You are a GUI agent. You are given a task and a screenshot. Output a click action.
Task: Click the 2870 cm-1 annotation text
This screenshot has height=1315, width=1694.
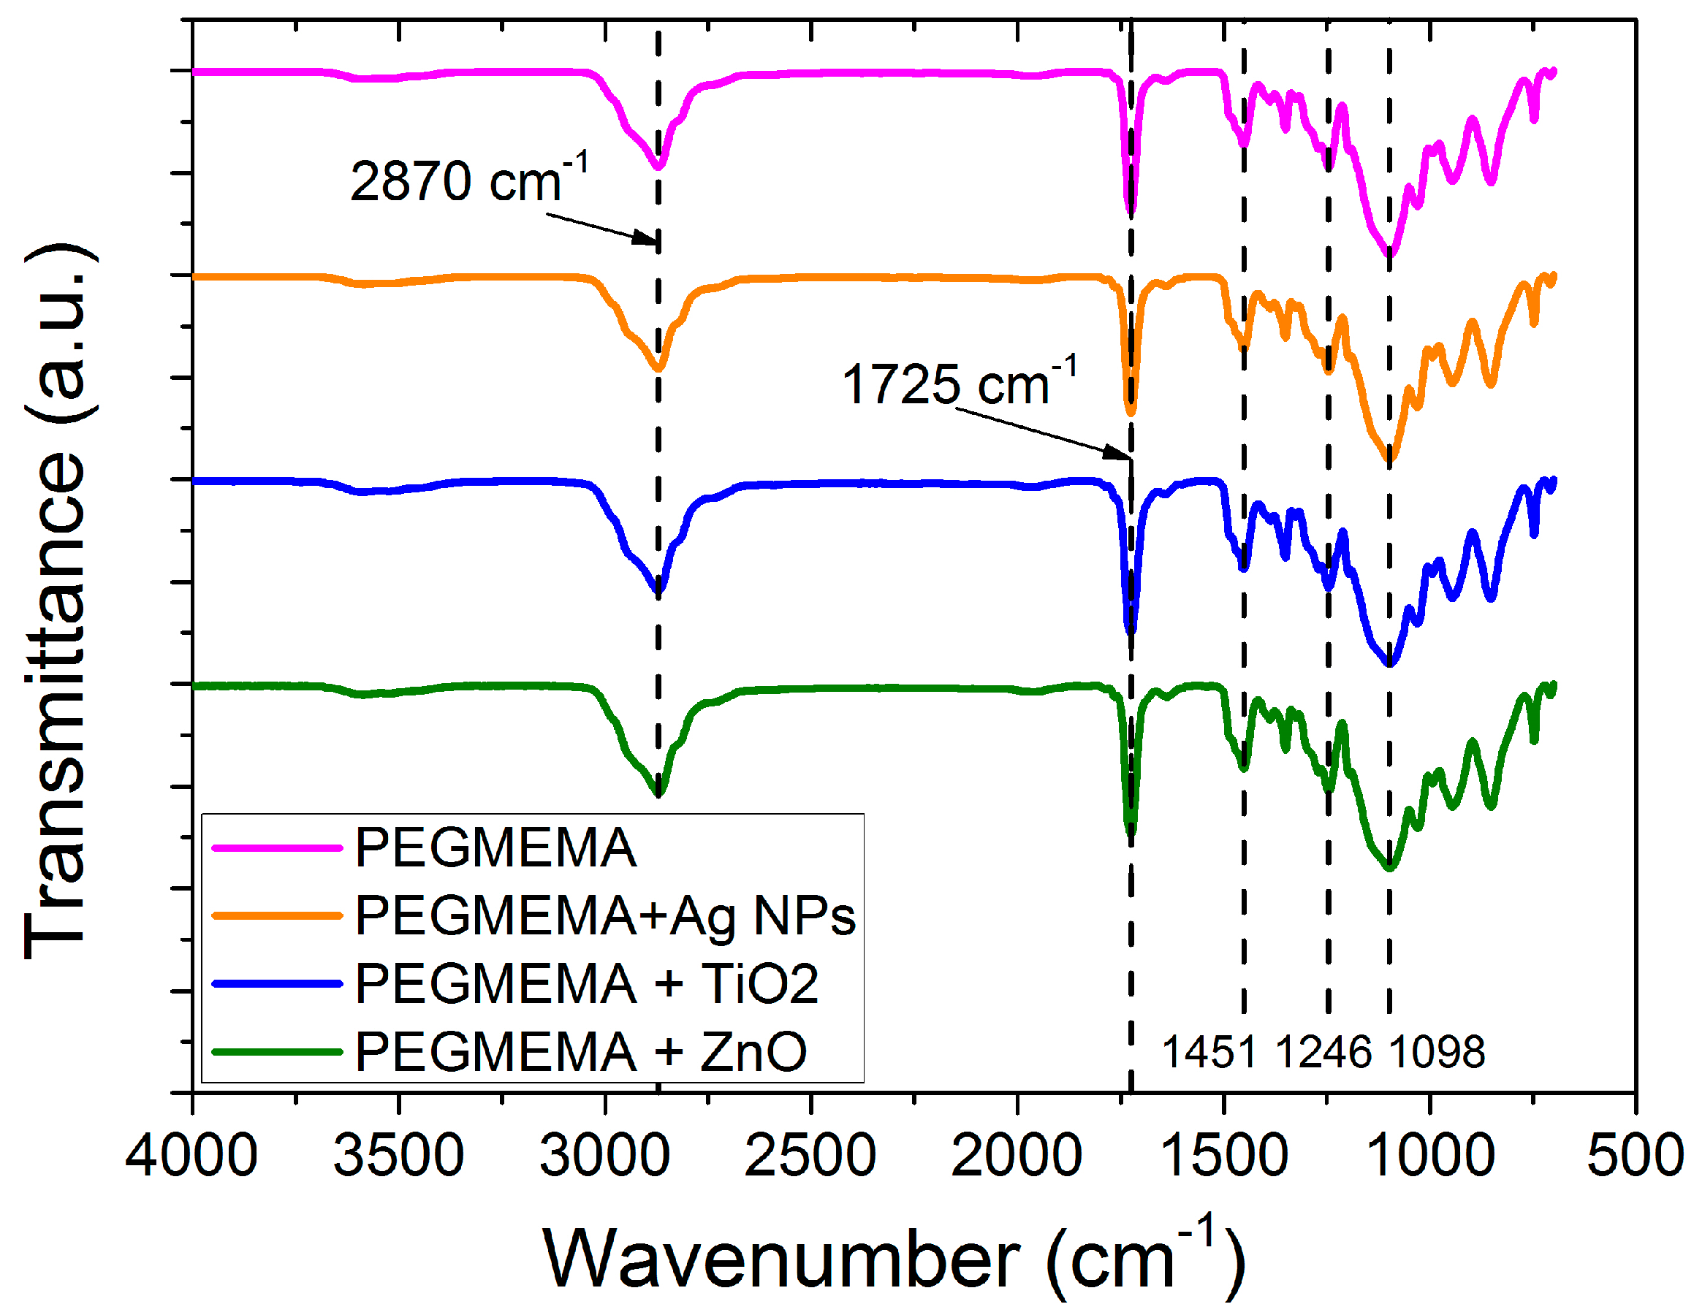click(x=468, y=180)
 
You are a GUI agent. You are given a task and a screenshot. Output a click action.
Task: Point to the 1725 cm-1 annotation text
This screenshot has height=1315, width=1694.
click(x=959, y=383)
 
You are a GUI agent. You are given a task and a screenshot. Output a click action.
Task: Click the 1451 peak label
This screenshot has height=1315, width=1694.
click(x=1209, y=1053)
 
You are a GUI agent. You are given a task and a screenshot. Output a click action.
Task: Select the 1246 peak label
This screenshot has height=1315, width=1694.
click(x=1323, y=1053)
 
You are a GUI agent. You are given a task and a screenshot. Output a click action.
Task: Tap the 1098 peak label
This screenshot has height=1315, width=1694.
click(x=1437, y=1053)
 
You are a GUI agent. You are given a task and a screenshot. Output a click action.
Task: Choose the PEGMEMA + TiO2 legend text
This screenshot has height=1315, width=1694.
click(x=586, y=985)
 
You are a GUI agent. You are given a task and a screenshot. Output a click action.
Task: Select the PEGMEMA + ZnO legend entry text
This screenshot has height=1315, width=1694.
click(x=580, y=1053)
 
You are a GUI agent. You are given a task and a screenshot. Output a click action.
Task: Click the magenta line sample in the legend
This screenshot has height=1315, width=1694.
click(x=277, y=848)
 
